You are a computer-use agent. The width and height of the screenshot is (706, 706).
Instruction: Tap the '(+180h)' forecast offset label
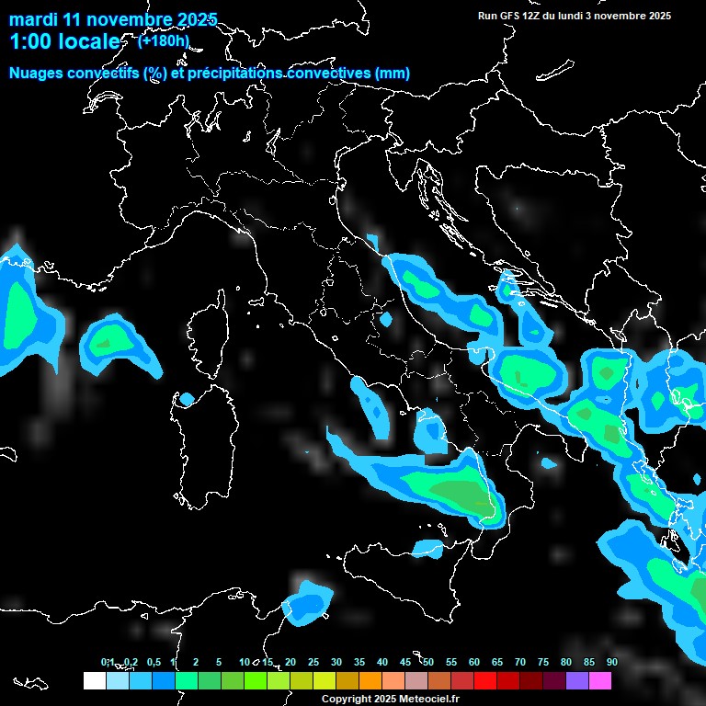click(x=163, y=40)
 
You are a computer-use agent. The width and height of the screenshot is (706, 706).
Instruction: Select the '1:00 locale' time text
click(x=64, y=41)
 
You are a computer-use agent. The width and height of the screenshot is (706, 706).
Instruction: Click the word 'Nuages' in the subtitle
click(x=37, y=74)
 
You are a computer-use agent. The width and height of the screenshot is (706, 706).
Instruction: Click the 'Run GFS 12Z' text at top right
click(x=515, y=16)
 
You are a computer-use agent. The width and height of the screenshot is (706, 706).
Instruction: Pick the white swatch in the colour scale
click(x=94, y=680)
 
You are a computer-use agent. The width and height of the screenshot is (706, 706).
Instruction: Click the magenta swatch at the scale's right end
click(x=600, y=680)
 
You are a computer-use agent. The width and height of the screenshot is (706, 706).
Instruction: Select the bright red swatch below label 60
click(x=485, y=680)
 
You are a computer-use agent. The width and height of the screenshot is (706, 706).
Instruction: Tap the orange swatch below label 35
click(x=370, y=680)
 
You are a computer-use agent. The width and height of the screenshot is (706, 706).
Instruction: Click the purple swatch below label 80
click(x=577, y=680)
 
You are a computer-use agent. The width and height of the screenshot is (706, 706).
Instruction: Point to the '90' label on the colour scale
click(x=611, y=662)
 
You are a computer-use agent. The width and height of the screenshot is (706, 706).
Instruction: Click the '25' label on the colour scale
click(x=313, y=662)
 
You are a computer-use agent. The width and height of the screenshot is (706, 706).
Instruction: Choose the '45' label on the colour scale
click(x=405, y=662)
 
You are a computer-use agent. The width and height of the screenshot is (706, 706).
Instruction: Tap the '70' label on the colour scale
click(x=520, y=662)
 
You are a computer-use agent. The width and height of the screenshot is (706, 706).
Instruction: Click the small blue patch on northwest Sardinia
click(x=187, y=399)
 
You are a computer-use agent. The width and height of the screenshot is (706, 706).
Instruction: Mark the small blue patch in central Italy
click(x=386, y=320)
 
